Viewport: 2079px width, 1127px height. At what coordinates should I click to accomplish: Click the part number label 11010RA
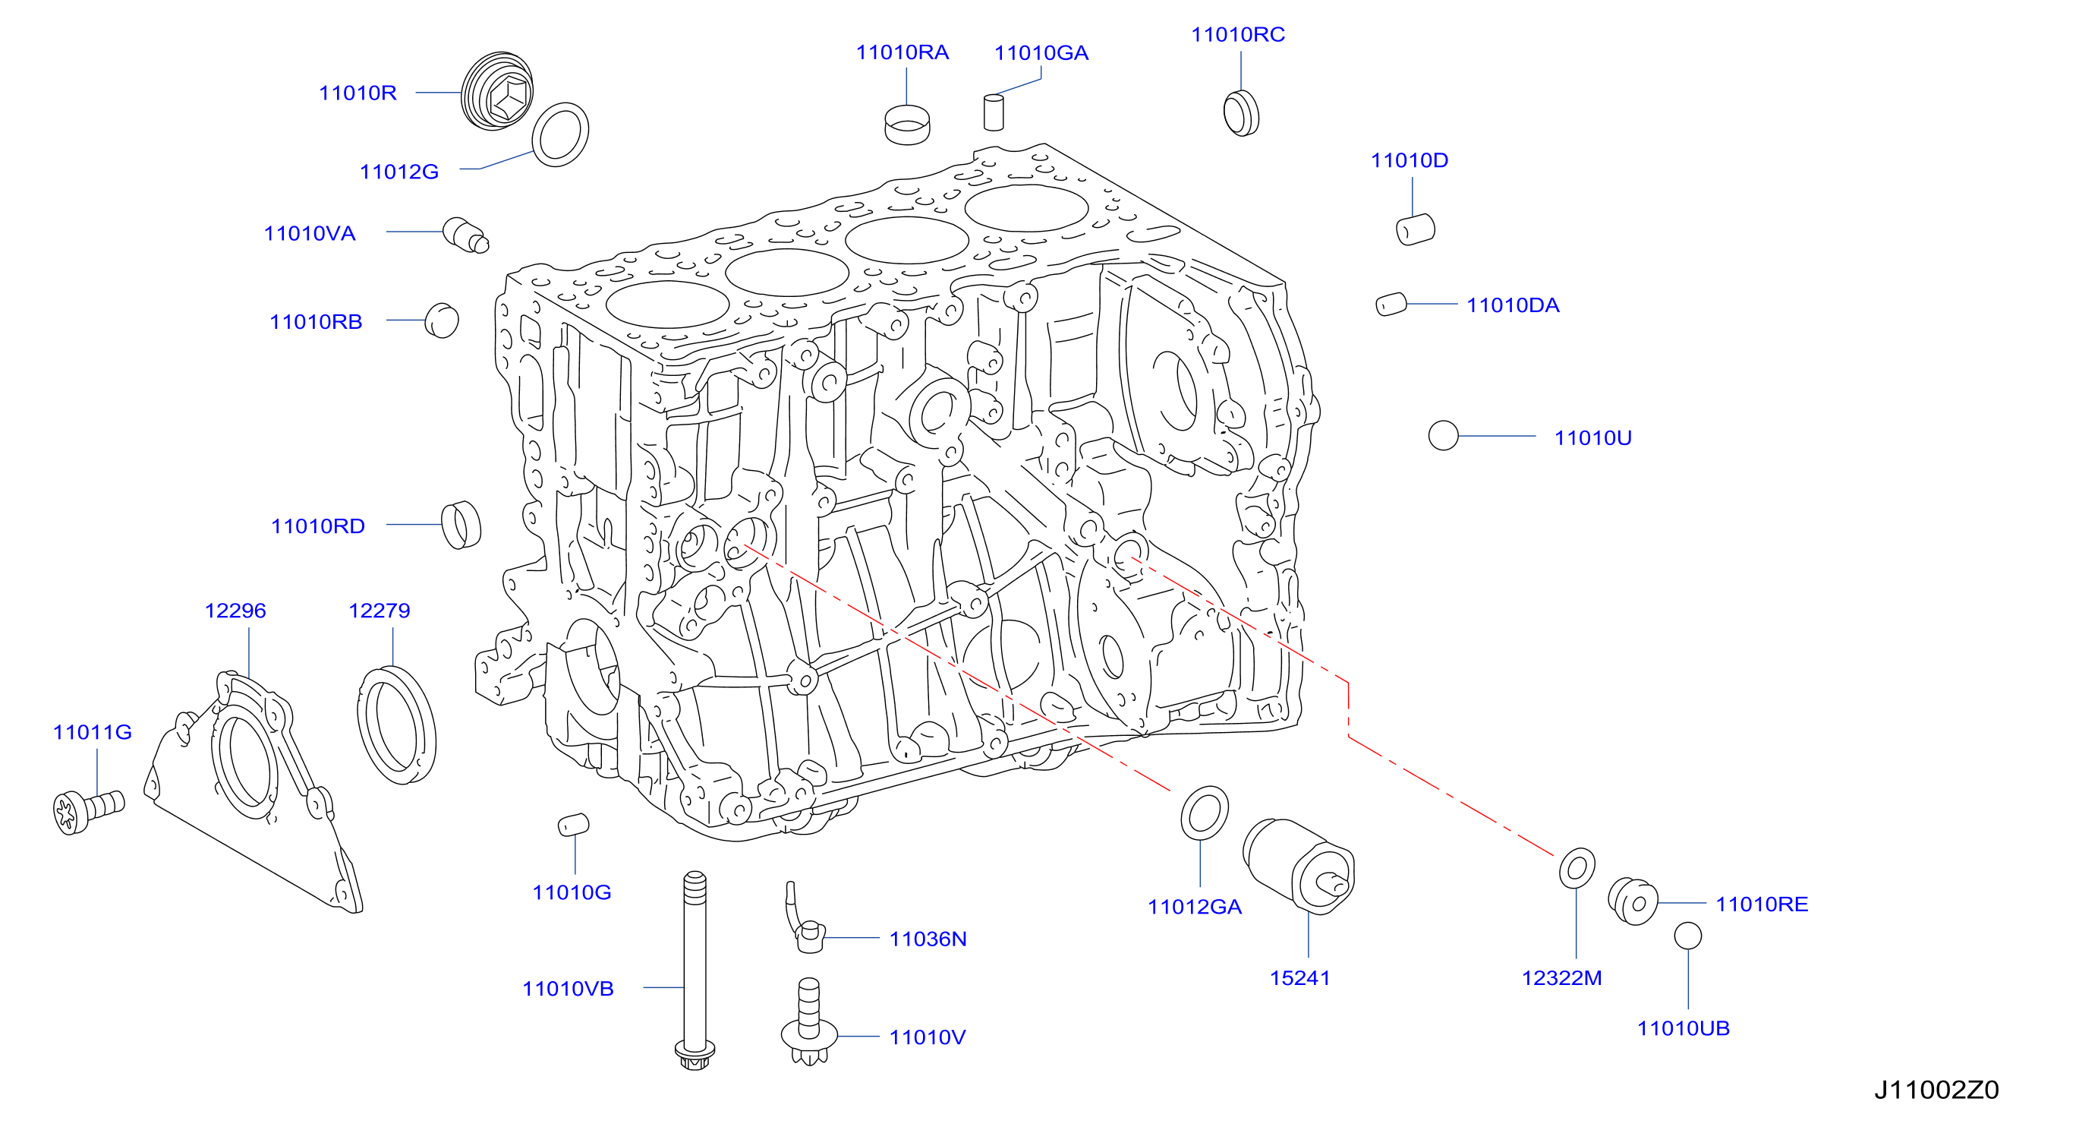click(902, 52)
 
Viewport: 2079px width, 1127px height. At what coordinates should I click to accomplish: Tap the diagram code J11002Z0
click(1936, 1090)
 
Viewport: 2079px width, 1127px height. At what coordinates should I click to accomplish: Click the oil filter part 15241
click(1299, 866)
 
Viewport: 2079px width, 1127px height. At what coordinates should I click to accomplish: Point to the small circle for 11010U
click(1443, 436)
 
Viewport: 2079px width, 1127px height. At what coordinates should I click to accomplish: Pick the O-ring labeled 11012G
click(560, 135)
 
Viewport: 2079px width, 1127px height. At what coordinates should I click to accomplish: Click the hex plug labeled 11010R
click(497, 90)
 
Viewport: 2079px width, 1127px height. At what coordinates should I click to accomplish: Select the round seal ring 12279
click(396, 725)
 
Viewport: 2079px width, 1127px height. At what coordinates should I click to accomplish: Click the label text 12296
click(235, 611)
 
